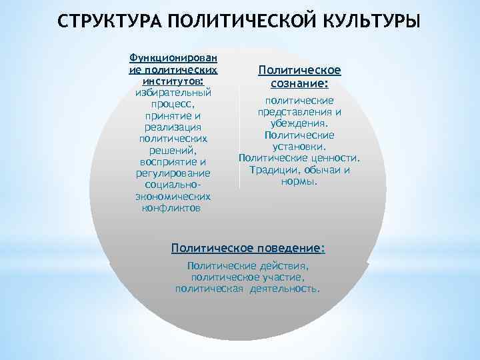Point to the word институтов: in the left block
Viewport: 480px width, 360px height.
point(173,80)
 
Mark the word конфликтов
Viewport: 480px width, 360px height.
point(171,208)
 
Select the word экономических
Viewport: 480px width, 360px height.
point(173,197)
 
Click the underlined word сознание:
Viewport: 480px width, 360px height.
point(299,84)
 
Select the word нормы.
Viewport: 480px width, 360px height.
point(299,181)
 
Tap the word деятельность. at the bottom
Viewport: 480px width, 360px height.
point(286,289)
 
